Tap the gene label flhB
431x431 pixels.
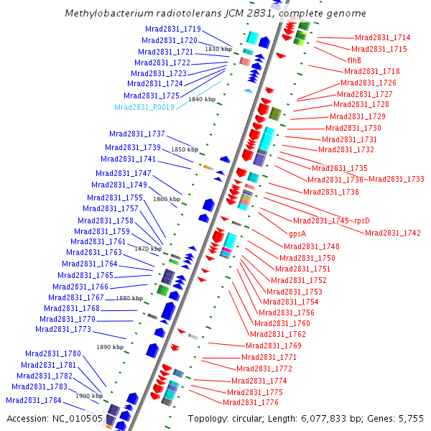pos(354,60)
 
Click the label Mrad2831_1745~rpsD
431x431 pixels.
pos(331,221)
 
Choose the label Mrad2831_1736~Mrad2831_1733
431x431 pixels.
pos(366,180)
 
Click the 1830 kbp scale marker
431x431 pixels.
pos(218,49)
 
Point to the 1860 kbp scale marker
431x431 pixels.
pos(167,199)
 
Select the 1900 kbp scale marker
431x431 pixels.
pos(89,396)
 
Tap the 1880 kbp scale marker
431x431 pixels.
pos(129,298)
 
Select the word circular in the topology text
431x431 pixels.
pos(251,419)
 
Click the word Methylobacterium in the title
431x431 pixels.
pos(102,14)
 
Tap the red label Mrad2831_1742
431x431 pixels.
pos(392,233)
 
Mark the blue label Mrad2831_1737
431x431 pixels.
pos(137,134)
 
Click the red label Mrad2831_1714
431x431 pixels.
pos(383,37)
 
